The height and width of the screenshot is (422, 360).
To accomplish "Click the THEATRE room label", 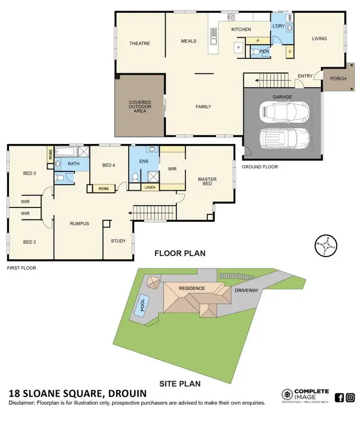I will click(x=140, y=44).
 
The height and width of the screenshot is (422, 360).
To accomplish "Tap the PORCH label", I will click(x=338, y=79).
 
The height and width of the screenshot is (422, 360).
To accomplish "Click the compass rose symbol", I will click(x=325, y=246).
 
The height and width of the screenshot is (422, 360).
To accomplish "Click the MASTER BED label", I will click(x=207, y=182).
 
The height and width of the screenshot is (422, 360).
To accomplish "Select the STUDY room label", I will click(x=118, y=241).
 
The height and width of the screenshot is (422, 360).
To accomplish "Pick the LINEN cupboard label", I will click(x=150, y=187).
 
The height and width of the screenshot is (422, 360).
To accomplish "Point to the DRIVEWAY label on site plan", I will click(x=247, y=290).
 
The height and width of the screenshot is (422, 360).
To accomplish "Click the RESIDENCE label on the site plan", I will click(x=192, y=288).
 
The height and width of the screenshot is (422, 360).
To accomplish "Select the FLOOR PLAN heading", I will click(x=180, y=253).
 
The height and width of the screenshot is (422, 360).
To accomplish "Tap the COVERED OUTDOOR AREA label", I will click(x=140, y=107).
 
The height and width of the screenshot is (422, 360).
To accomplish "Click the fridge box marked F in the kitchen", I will click(x=238, y=48).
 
